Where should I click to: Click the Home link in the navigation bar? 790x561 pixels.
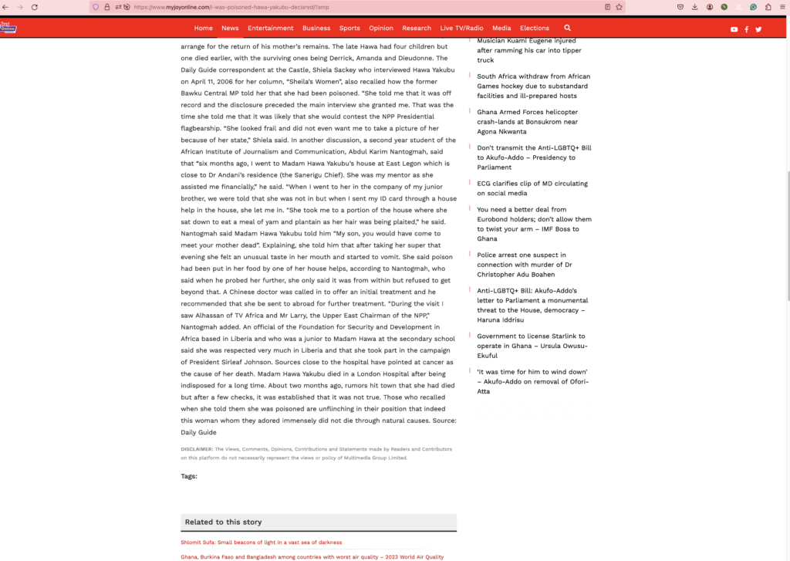[203, 28]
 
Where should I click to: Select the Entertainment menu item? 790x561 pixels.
[270, 28]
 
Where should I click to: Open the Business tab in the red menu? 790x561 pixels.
[316, 28]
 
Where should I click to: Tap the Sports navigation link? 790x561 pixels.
[349, 28]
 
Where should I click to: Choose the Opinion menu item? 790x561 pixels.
[381, 28]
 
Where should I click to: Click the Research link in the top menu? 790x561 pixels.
[417, 28]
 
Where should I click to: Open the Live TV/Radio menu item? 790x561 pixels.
[462, 28]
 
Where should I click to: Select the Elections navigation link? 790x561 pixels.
[535, 28]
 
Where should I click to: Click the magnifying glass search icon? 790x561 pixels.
[568, 28]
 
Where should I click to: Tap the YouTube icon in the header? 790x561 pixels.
[734, 29]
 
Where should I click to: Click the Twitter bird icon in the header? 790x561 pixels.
[758, 29]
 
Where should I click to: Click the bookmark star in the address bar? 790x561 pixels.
[619, 7]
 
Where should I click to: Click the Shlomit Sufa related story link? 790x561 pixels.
[261, 542]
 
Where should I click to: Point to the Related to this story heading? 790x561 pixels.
[223, 522]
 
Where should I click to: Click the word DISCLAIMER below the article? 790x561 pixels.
[197, 449]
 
